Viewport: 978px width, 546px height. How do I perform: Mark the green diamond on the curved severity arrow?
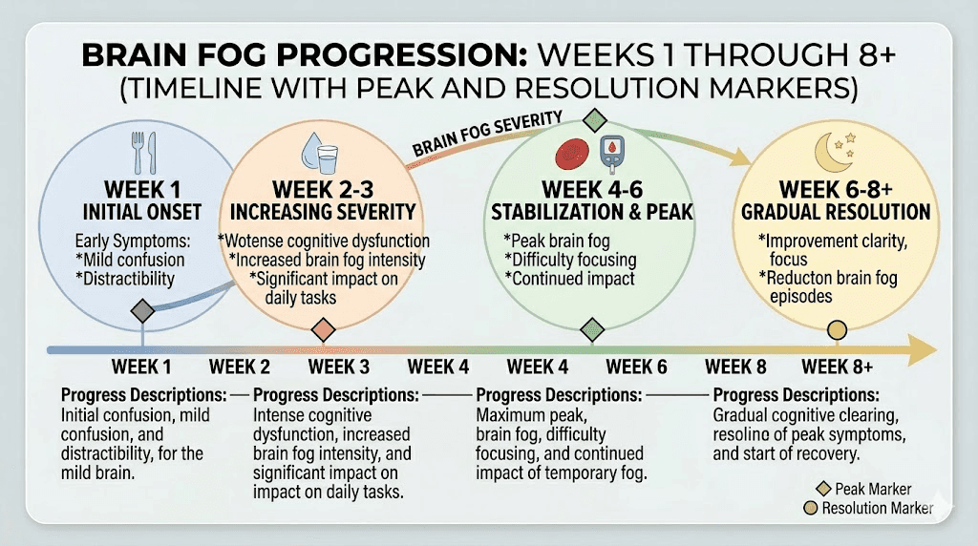[x=595, y=121]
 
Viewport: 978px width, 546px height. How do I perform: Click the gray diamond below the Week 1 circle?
[x=142, y=310]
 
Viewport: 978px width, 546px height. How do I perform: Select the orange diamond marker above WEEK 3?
[x=323, y=329]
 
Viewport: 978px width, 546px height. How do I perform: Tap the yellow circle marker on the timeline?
[x=837, y=330]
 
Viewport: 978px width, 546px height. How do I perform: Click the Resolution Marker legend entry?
[x=870, y=508]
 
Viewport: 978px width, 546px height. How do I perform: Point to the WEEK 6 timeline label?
[x=636, y=367]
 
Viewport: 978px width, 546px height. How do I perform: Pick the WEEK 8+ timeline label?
[x=838, y=367]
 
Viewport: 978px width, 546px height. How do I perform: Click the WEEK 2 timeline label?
[x=240, y=367]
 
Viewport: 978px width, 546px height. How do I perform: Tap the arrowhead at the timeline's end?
[x=925, y=350]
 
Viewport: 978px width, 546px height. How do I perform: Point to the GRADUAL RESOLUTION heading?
[x=836, y=212]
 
